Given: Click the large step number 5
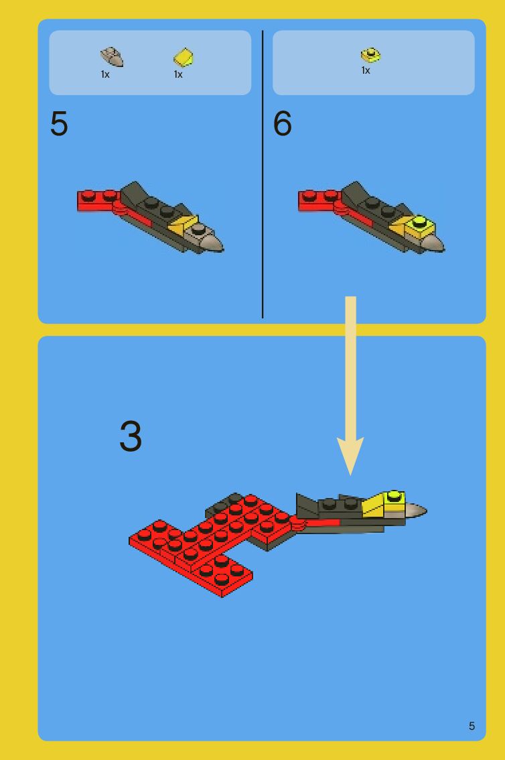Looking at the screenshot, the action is pyautogui.click(x=58, y=123).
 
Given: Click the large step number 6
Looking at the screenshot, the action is pyautogui.click(x=282, y=123).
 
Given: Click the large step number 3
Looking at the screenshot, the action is pyautogui.click(x=131, y=436).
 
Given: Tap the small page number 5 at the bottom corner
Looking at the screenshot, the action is pyautogui.click(x=472, y=726).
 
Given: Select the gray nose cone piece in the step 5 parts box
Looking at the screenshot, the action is pyautogui.click(x=112, y=57).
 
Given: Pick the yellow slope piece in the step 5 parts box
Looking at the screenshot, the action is pyautogui.click(x=184, y=57).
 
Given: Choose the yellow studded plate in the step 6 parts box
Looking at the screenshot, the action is pyautogui.click(x=370, y=55).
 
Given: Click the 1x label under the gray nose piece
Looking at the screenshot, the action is pyautogui.click(x=105, y=74).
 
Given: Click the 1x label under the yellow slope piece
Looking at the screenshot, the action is pyautogui.click(x=178, y=74).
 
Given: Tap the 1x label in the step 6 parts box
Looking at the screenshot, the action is pyautogui.click(x=366, y=70).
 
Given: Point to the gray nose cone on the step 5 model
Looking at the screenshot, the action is pyautogui.click(x=210, y=241).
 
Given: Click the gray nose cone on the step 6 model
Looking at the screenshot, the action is pyautogui.click(x=433, y=243).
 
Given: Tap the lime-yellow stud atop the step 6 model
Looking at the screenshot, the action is pyautogui.click(x=419, y=222).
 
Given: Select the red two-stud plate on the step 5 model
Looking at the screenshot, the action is pyautogui.click(x=99, y=200).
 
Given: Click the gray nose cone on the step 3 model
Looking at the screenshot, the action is pyautogui.click(x=415, y=511).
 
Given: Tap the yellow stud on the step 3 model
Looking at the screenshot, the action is pyautogui.click(x=394, y=496).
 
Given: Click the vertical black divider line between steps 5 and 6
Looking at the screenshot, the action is pyautogui.click(x=263, y=174).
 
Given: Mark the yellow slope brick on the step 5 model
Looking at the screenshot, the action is pyautogui.click(x=183, y=225).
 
